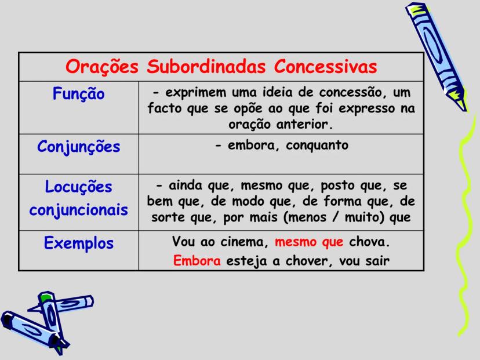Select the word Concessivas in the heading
[x=326, y=67]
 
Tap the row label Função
[x=79, y=94]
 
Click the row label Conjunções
[x=79, y=147]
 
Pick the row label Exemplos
[x=79, y=243]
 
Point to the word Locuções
[x=79, y=188]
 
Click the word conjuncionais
[x=79, y=209]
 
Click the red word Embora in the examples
[x=197, y=261]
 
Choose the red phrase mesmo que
[x=309, y=241]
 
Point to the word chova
[x=369, y=241]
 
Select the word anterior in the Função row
[x=305, y=124]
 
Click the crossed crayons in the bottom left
[x=43, y=319]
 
